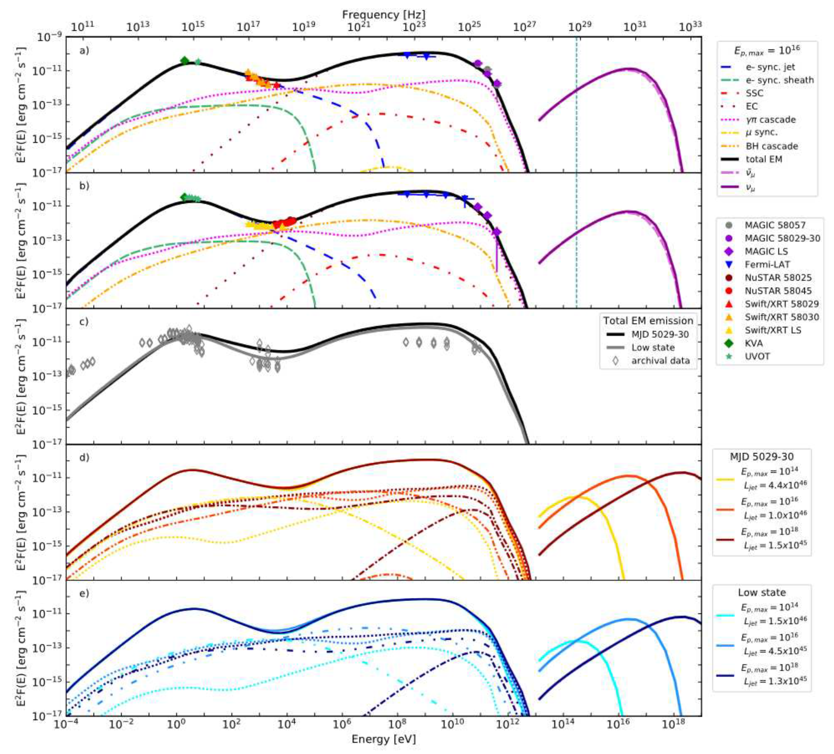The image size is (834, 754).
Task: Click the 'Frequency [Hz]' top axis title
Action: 384,14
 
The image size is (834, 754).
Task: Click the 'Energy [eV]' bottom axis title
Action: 384,739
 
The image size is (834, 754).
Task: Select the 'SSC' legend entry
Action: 754,93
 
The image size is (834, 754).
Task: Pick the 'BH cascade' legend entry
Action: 772,146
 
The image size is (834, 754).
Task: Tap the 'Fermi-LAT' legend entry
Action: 767,265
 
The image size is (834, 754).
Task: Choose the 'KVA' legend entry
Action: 754,343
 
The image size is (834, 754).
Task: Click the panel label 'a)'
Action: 84,51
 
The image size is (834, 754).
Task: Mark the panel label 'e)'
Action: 84,594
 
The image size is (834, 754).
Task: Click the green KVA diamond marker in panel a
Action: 185,61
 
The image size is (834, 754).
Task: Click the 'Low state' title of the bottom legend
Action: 762,592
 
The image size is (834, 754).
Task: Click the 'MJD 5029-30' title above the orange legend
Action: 762,457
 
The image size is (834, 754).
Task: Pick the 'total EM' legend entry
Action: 764,159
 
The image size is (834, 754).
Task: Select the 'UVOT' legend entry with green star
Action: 757,356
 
